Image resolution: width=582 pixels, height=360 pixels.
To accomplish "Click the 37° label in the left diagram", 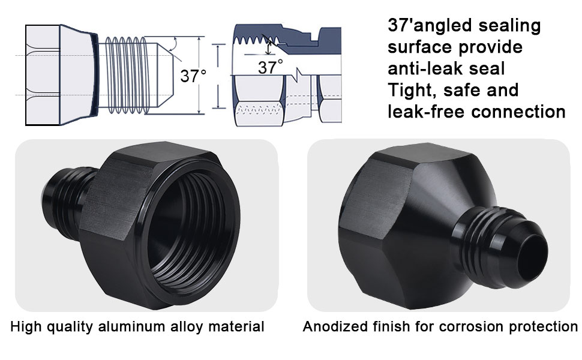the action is (193, 76).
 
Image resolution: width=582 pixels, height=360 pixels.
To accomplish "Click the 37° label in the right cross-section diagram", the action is (270, 67).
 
